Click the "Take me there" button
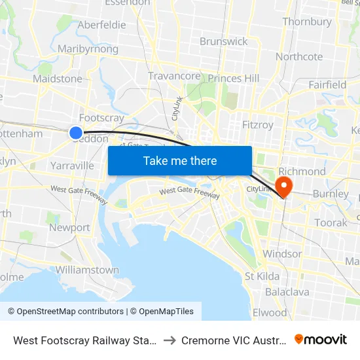coord(180,160)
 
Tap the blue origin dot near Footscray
coord(76,133)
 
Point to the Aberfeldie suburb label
coord(101,25)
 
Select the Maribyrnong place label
coord(88,49)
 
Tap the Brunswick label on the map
coord(224,41)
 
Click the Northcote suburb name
coord(299,56)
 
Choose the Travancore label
coord(174,76)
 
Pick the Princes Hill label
coord(234,79)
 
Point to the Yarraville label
coord(72,166)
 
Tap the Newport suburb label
coord(69,228)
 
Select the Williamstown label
coord(87,270)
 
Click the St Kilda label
coord(262,276)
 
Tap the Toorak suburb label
coord(331,223)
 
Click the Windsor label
coord(282,254)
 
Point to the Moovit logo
coord(321,340)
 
